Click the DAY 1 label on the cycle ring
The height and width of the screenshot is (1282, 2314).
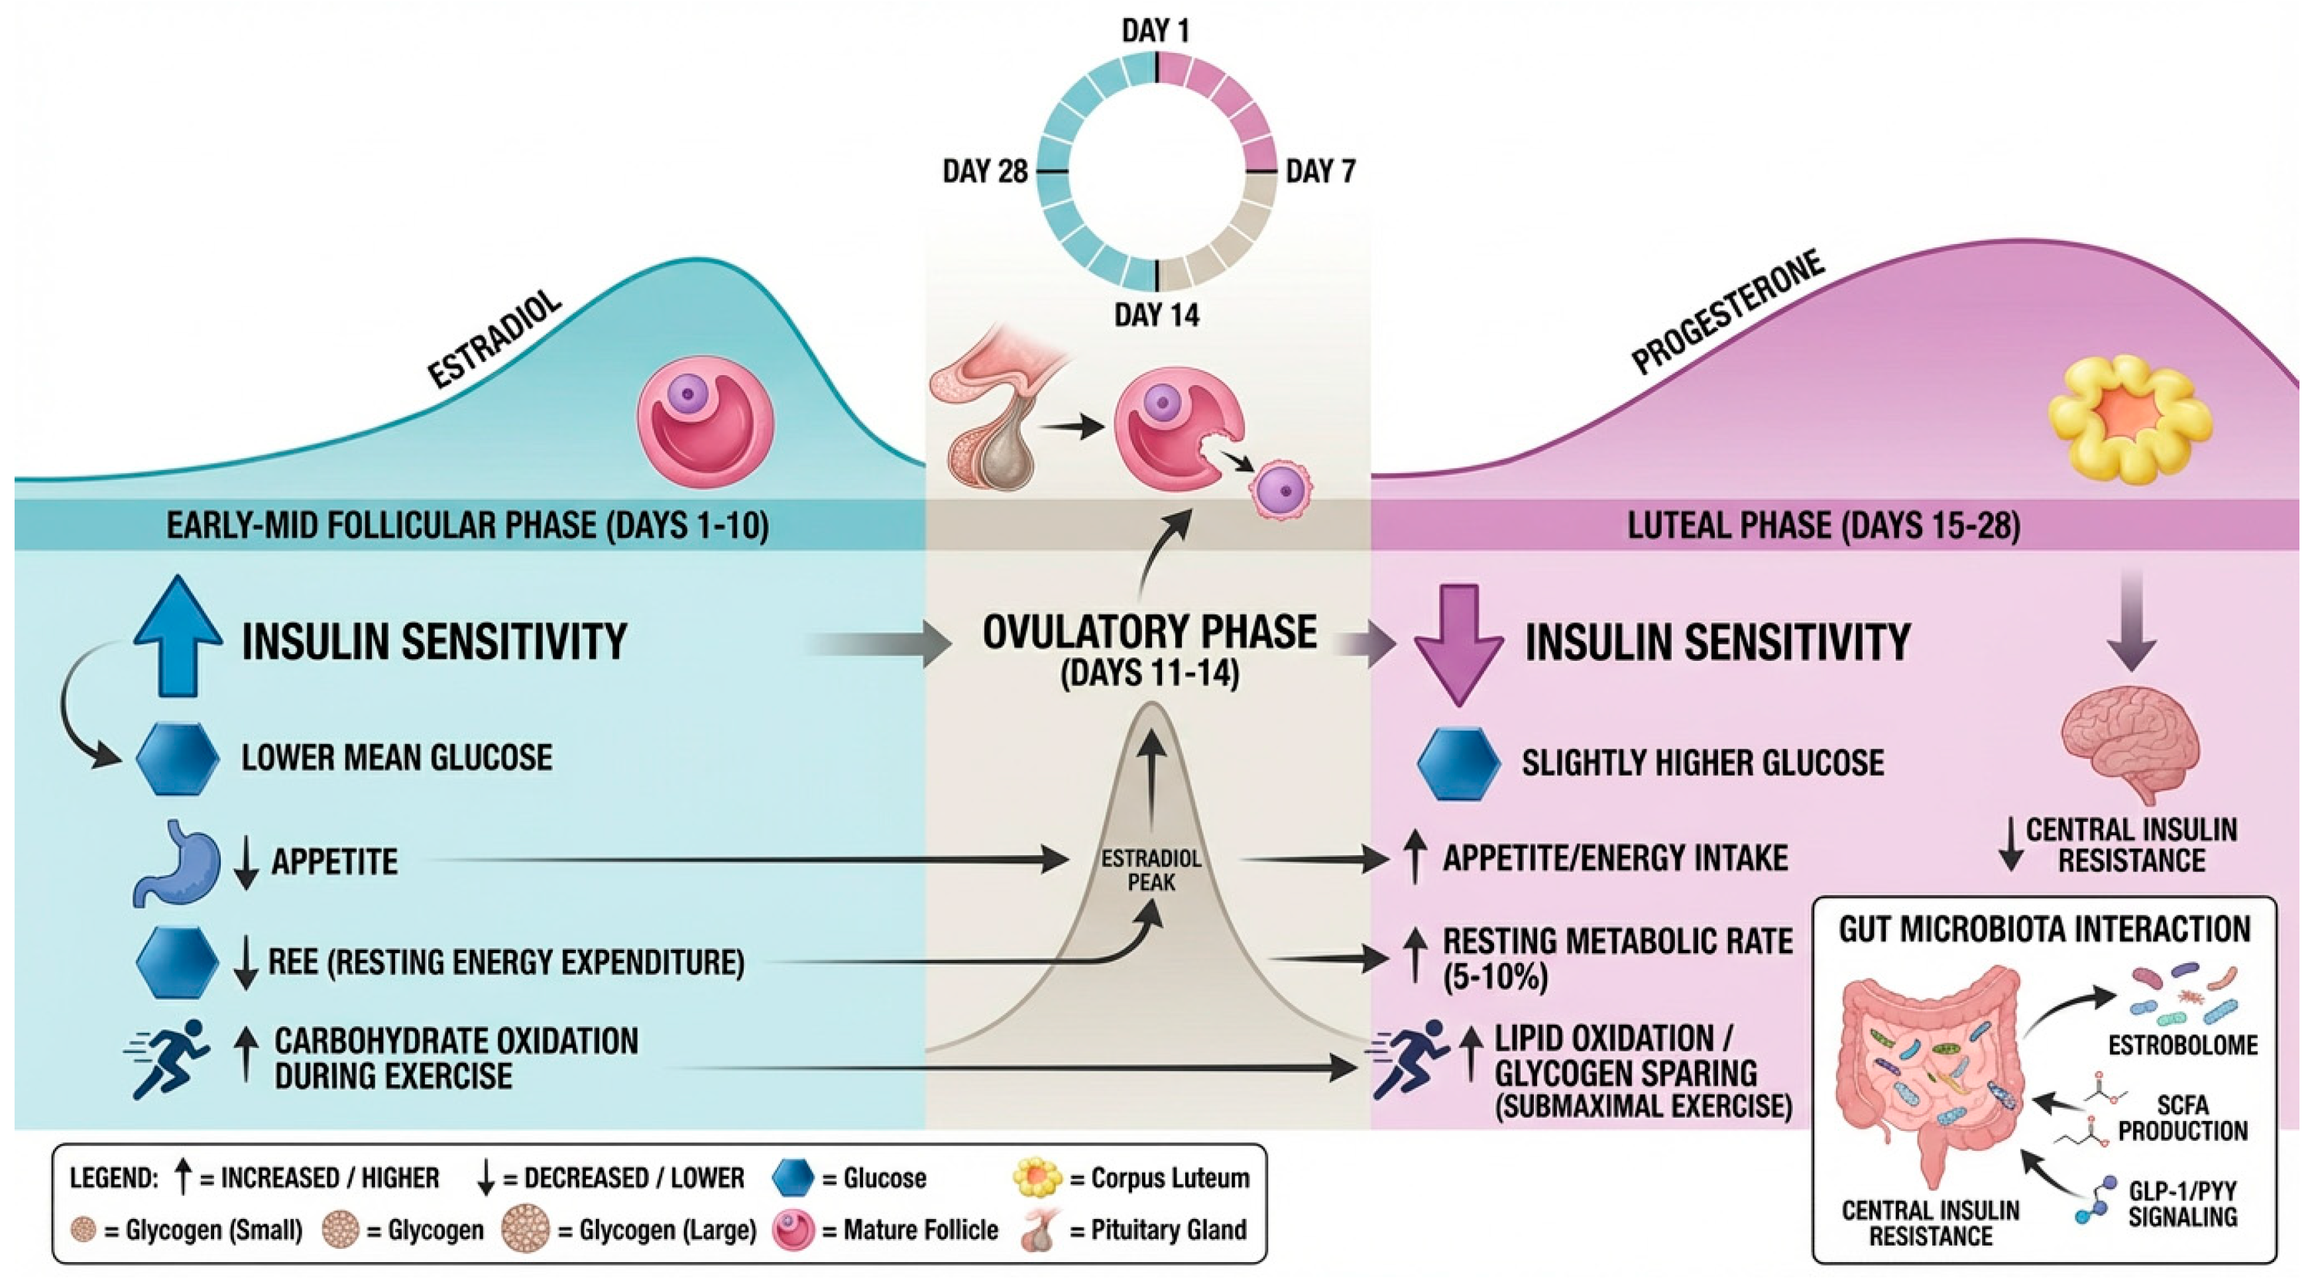point(1155,30)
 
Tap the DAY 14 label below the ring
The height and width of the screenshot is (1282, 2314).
point(1156,316)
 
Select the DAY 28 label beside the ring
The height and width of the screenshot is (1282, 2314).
point(984,171)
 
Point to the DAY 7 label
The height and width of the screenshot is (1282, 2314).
point(1320,171)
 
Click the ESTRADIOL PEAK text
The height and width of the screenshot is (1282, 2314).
point(1151,870)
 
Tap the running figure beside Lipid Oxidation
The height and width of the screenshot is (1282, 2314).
point(1411,1057)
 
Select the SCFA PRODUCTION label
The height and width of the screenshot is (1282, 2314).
point(2183,1117)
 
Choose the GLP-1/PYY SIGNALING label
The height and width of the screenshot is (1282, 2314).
point(2183,1204)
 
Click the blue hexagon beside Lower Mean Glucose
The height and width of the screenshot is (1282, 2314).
point(178,758)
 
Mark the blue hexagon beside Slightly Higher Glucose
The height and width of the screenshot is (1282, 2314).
point(1458,763)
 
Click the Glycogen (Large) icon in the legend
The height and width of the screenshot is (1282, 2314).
point(526,1230)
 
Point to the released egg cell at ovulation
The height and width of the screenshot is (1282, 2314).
point(1282,491)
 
